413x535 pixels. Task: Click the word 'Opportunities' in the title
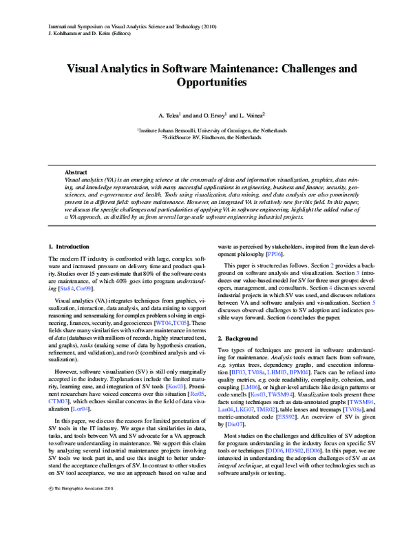point(206,82)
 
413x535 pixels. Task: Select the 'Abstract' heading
point(76,172)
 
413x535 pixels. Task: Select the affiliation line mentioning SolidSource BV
point(206,137)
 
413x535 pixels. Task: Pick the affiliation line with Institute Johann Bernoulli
point(206,130)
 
